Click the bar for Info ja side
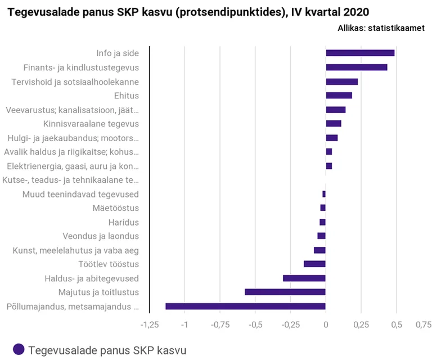coord(360,53)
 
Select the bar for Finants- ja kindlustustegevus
coord(357,67)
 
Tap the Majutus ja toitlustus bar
coord(285,292)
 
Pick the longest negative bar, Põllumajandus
coord(245,307)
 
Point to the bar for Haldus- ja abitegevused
coord(304,278)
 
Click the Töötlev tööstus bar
coord(314,264)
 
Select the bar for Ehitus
coord(339,96)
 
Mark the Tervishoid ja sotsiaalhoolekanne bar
coord(342,82)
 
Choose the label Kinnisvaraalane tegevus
coord(91,124)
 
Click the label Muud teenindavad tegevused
coord(80,194)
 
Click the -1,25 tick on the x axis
coord(149,325)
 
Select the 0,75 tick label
coord(423,325)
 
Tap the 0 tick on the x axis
coord(326,325)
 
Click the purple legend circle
coord(19,349)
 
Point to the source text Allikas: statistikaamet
coord(381,28)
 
